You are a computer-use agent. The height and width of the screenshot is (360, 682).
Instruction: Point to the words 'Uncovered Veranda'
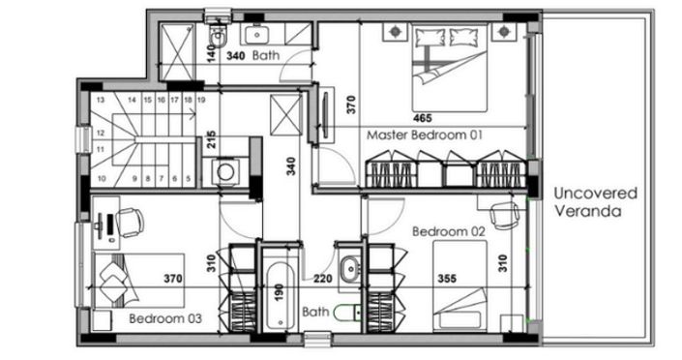pyautogui.click(x=587, y=201)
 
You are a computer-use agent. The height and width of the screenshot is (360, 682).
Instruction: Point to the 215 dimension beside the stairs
pyautogui.click(x=211, y=142)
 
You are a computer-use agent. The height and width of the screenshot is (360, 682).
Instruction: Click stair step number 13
pyautogui.click(x=100, y=99)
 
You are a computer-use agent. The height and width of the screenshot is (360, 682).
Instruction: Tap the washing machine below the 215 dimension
pyautogui.click(x=225, y=171)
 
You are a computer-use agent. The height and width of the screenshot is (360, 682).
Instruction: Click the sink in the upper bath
pyautogui.click(x=257, y=34)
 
